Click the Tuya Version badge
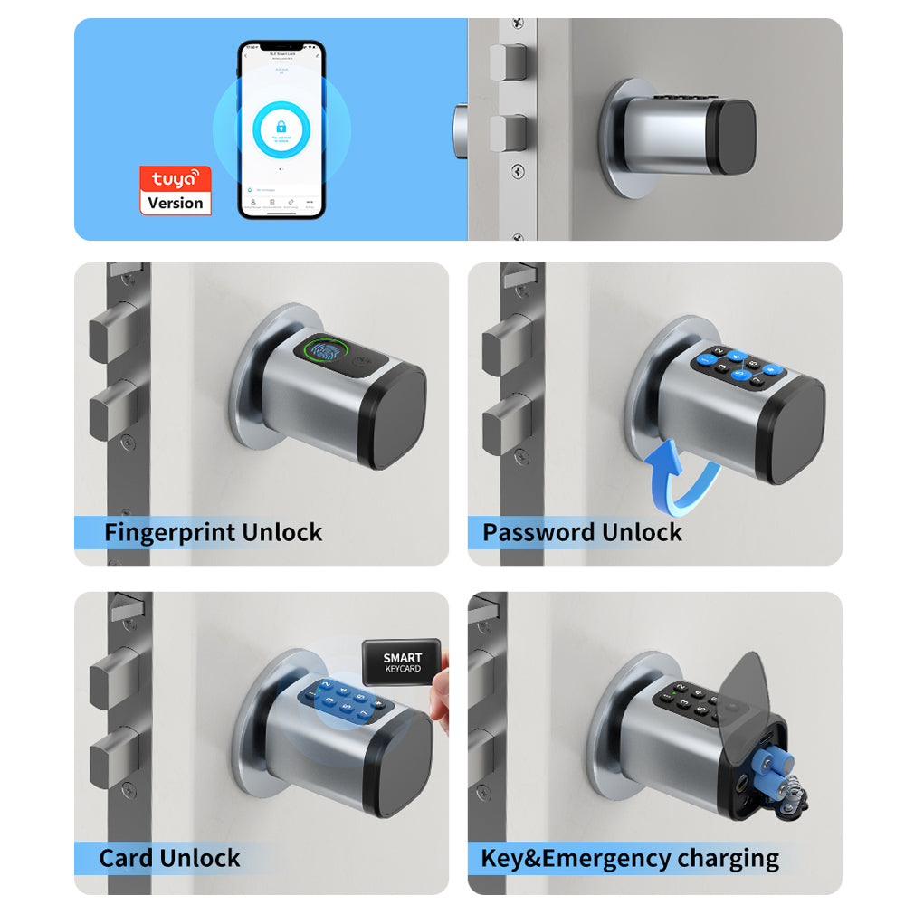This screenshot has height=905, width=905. coord(175,190)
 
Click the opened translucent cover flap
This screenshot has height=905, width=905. coord(765,697)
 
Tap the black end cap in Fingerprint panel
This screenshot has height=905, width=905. coord(398,417)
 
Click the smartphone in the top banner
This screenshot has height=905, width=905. coord(281,129)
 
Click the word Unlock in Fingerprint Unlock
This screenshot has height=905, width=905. coord(280,532)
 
